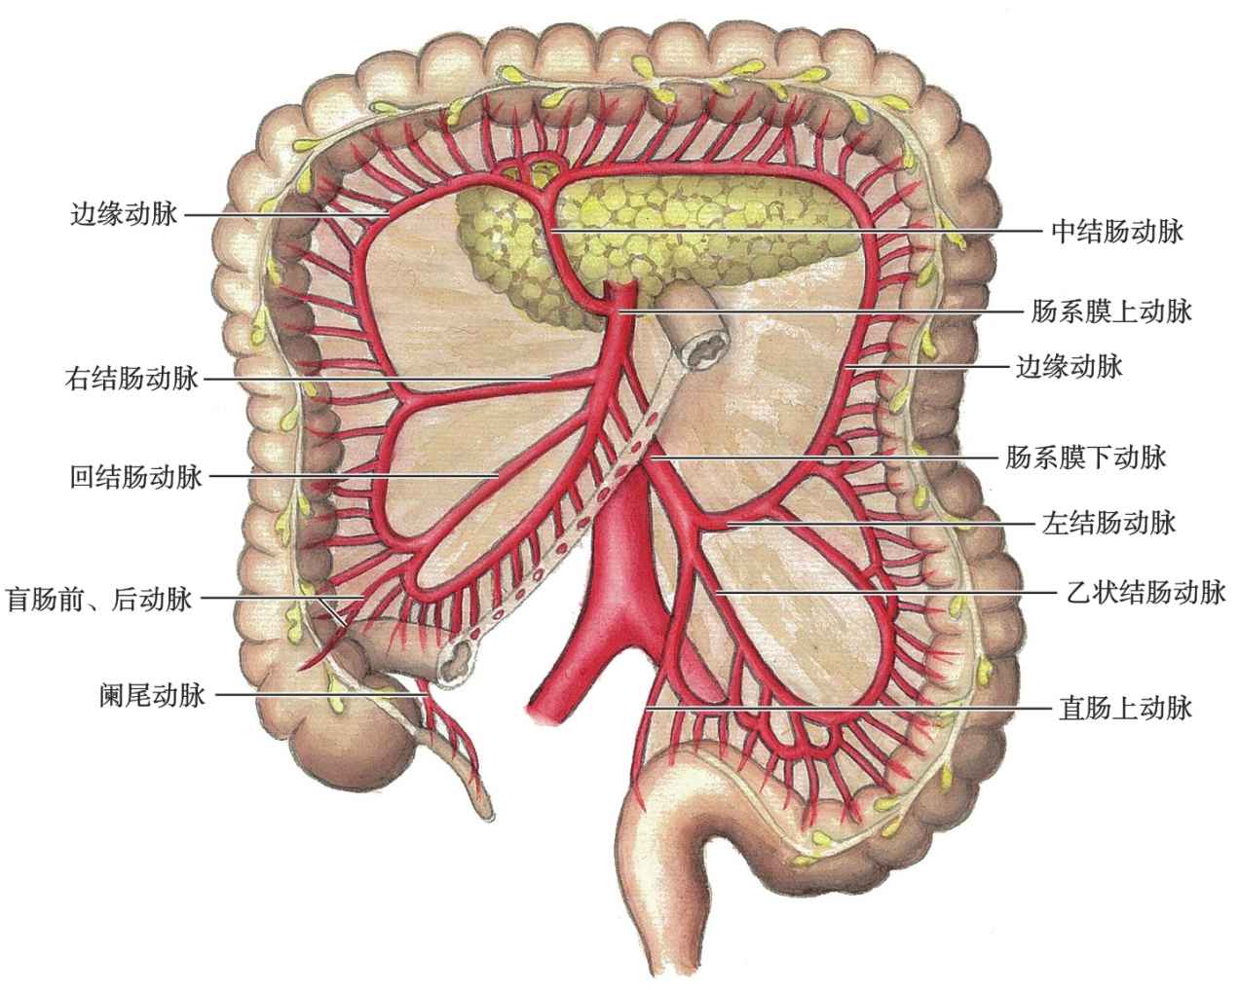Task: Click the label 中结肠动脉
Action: pyautogui.click(x=1116, y=232)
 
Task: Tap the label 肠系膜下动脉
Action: pyautogui.click(x=1085, y=456)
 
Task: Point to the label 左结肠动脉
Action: pyautogui.click(x=1108, y=523)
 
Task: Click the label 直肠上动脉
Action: pyautogui.click(x=1124, y=708)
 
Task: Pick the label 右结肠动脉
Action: pyautogui.click(x=131, y=378)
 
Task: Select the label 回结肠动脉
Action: pyautogui.click(x=135, y=477)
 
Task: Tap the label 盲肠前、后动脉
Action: pyautogui.click(x=98, y=599)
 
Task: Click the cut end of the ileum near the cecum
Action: pyautogui.click(x=456, y=665)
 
